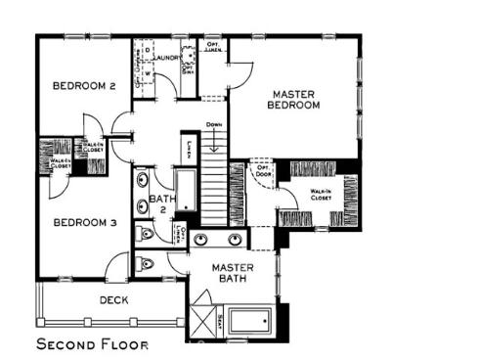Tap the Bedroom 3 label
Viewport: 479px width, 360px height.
pos(85,223)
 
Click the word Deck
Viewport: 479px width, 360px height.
pos(114,300)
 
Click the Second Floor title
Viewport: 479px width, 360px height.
pos(94,344)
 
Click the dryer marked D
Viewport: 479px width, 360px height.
pos(149,50)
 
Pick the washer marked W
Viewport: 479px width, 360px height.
pos(149,74)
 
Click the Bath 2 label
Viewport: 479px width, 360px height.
pos(161,206)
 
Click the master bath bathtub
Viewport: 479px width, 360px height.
pos(253,320)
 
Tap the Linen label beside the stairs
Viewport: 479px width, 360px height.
pos(188,149)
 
